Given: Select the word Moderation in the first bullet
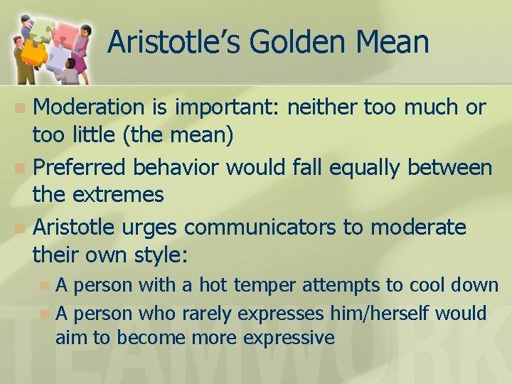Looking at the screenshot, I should point(89,107).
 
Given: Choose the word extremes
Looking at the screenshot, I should point(122,194).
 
